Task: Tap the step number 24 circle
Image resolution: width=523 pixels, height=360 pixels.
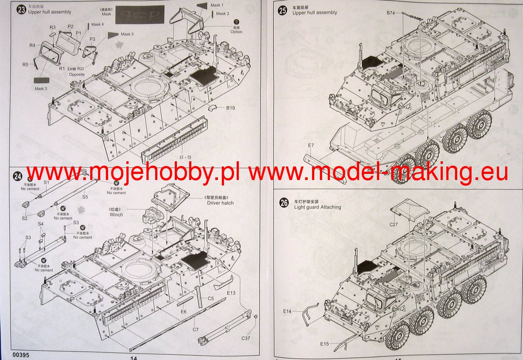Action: (17, 177)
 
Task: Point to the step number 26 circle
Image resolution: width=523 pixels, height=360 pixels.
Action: (284, 203)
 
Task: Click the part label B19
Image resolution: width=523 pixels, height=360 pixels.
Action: (231, 108)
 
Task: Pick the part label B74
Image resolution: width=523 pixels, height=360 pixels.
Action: (391, 14)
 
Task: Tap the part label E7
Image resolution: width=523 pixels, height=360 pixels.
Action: (310, 145)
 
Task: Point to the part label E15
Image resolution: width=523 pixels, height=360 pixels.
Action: (324, 344)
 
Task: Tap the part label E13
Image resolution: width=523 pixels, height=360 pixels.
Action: (231, 293)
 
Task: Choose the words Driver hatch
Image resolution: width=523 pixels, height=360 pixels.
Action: (220, 203)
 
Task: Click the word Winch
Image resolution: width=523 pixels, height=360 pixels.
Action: (116, 214)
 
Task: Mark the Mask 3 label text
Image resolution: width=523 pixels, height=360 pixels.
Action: (41, 89)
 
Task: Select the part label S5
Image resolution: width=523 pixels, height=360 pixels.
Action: (85, 197)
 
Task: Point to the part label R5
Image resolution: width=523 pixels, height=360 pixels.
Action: (26, 65)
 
